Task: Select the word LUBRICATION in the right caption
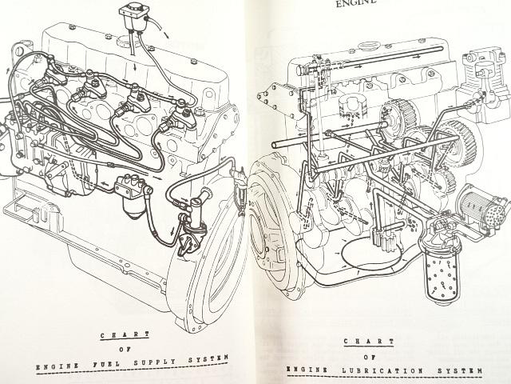pos(382,370)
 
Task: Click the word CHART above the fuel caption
pos(125,335)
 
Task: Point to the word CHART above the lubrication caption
pos(369,342)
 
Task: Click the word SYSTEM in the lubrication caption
pos(460,370)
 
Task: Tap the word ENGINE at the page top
pos(356,3)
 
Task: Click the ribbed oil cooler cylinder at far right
pos(483,208)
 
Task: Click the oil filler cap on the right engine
pos(368,46)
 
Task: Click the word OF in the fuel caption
pos(125,350)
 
